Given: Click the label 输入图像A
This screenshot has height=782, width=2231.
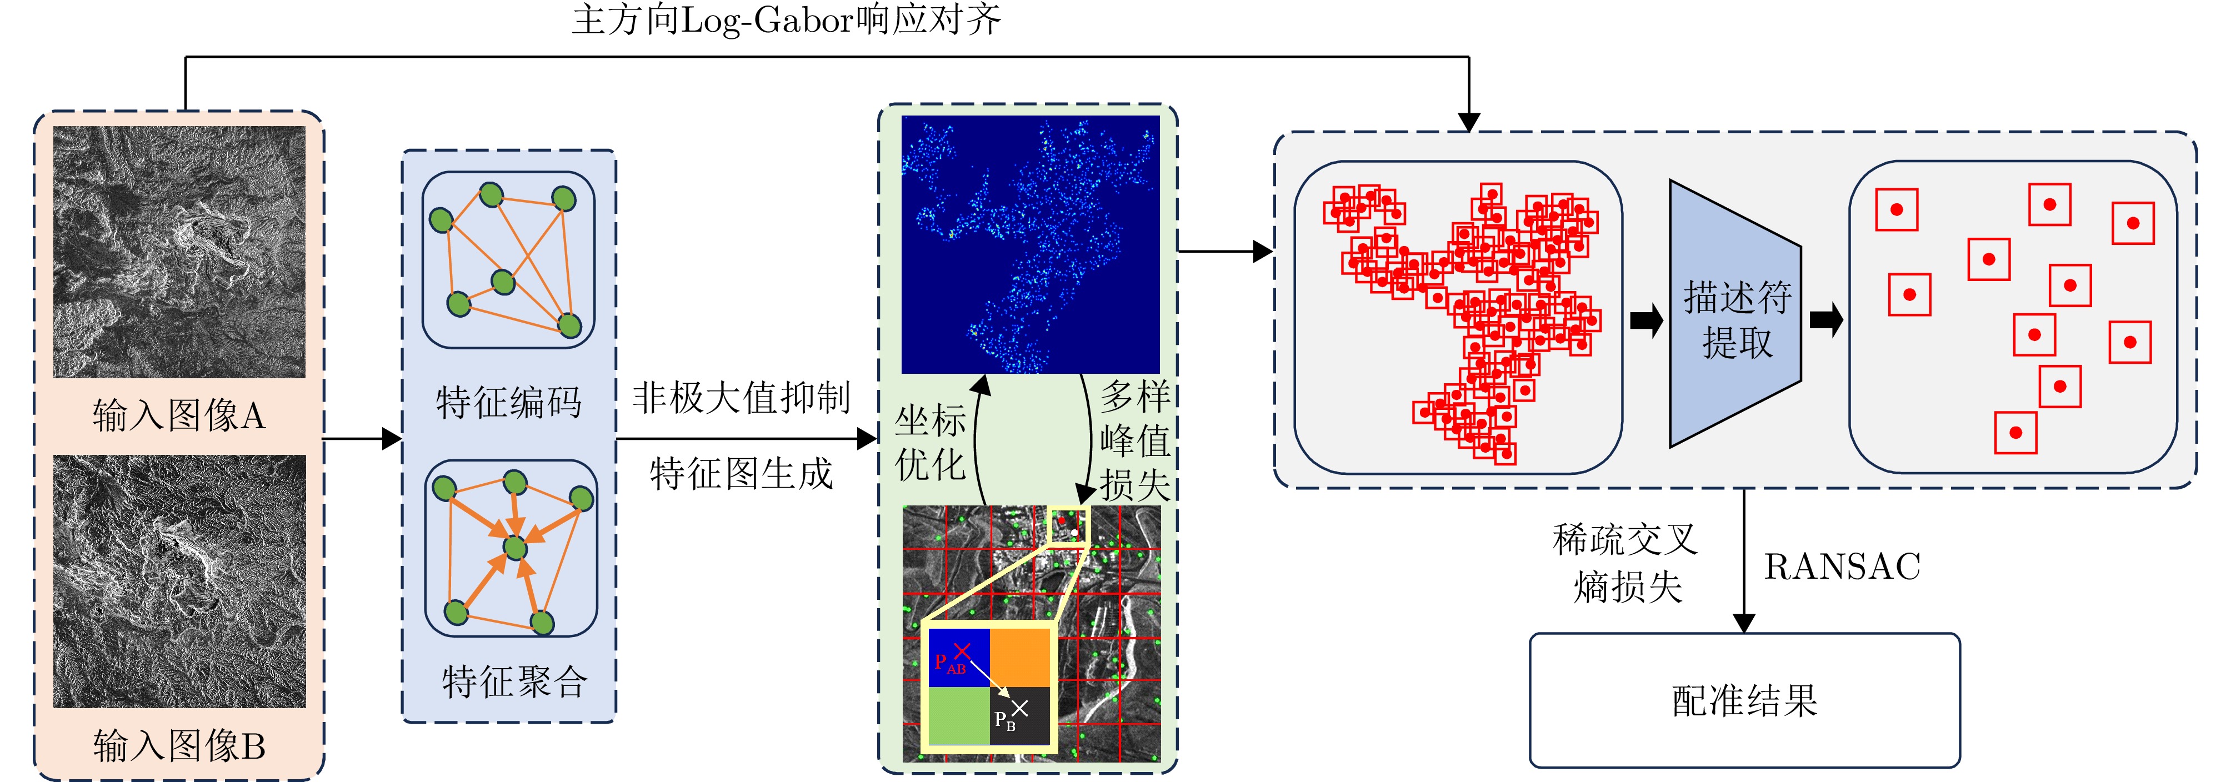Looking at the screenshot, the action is pos(178,415).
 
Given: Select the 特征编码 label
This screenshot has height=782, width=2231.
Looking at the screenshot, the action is pos(508,402).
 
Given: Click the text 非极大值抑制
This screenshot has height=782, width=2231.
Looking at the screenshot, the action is pos(742,398).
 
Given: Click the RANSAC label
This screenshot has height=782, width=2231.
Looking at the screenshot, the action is pos(1842,567).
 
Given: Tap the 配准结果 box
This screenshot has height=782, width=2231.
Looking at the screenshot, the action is pos(1744,700).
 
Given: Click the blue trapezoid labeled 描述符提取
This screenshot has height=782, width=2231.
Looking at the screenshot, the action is pos(1735,313).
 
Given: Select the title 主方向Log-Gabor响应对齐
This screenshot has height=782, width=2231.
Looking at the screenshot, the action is pos(787,19).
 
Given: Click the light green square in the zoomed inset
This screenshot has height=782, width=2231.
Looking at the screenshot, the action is pos(959,715).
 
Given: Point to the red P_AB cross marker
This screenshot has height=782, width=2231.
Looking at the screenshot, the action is pos(961,650).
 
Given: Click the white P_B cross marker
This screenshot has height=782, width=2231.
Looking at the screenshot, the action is pos(1019,708).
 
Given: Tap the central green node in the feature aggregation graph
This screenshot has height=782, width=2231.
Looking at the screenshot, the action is pos(516,547).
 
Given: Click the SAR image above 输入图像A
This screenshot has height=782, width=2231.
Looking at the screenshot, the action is pos(179,252).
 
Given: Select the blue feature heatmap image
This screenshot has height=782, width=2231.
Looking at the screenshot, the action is pos(1031,244).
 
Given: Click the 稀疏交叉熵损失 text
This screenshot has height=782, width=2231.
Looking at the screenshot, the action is pos(1625,563).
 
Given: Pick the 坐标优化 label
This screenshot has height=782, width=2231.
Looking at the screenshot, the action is pos(930,443).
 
